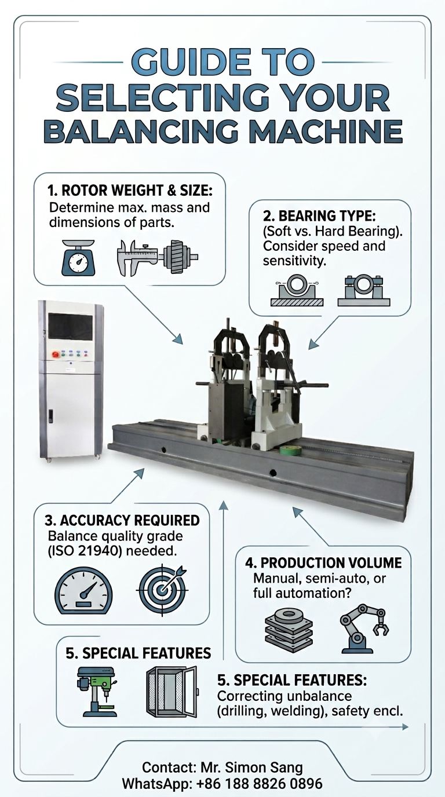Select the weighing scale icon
79,258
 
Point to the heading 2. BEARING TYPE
319,216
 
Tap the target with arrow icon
163,590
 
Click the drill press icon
97,692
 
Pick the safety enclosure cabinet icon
172,691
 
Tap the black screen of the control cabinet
71,326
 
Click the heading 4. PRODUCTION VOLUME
323,563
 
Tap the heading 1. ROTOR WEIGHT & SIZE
130,191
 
